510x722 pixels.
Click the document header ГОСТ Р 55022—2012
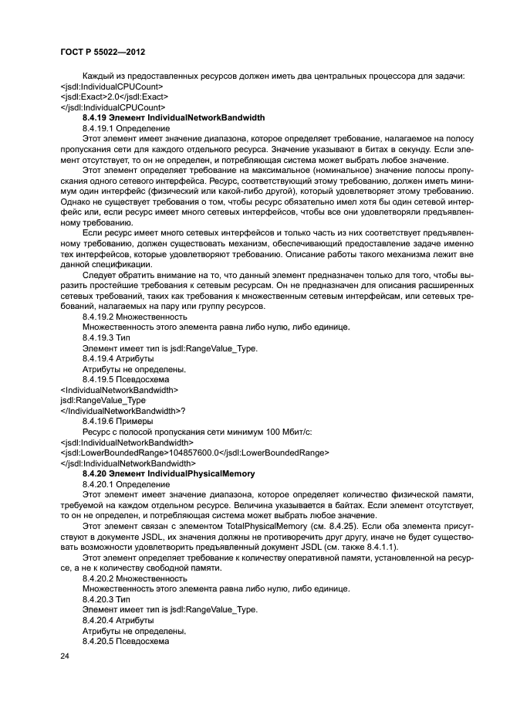coord(103,50)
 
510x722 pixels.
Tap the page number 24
coord(64,655)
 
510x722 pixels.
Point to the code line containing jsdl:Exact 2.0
coord(114,97)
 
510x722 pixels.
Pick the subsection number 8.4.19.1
coord(98,127)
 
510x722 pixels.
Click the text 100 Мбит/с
coord(246,432)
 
